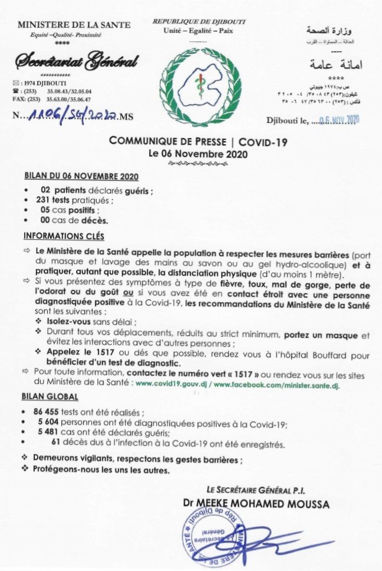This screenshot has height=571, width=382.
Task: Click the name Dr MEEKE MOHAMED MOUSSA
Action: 256,504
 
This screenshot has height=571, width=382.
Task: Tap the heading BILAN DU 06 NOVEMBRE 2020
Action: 81,177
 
